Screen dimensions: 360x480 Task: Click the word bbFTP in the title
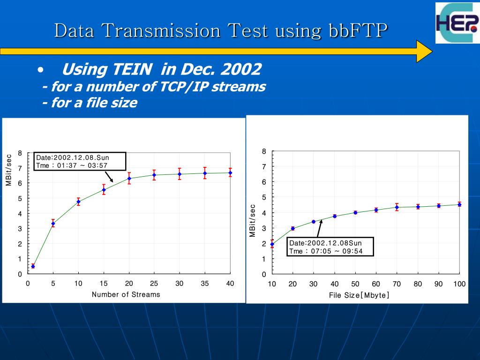click(356, 31)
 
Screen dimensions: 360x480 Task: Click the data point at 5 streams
click(53, 224)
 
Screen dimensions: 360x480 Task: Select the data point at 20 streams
click(129, 178)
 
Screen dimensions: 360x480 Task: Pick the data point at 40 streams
click(230, 172)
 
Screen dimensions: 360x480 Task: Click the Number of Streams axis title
click(126, 294)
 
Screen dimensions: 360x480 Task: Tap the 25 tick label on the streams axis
click(154, 283)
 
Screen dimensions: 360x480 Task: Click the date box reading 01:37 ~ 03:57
click(80, 161)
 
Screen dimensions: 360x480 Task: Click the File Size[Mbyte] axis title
click(360, 295)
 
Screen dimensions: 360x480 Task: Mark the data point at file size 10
click(272, 244)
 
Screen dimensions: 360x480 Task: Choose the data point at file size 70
click(397, 207)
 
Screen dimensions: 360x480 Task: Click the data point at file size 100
click(459, 204)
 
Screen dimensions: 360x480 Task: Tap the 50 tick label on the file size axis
click(355, 284)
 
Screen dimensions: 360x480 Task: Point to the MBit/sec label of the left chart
click(9, 170)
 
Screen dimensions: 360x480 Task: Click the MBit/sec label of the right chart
click(252, 220)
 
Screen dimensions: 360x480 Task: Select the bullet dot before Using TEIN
click(41, 71)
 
